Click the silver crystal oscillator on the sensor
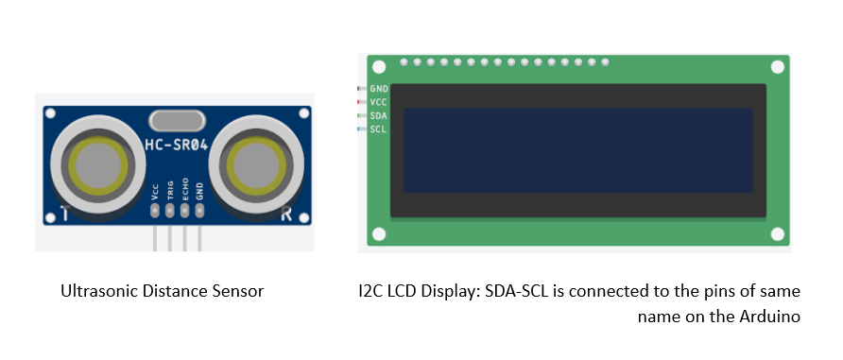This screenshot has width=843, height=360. point(176,121)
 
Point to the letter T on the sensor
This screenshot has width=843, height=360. point(63,214)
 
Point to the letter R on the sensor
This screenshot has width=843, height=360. point(285,214)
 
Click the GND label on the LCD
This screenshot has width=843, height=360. point(379,88)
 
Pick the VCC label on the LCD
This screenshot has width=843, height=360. point(379,101)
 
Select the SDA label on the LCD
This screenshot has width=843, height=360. point(379,115)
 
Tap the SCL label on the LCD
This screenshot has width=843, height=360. point(379,129)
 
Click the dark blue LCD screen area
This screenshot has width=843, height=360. point(577,151)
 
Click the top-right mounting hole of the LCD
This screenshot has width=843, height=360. point(778,68)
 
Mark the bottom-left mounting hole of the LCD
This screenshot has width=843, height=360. point(379,234)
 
